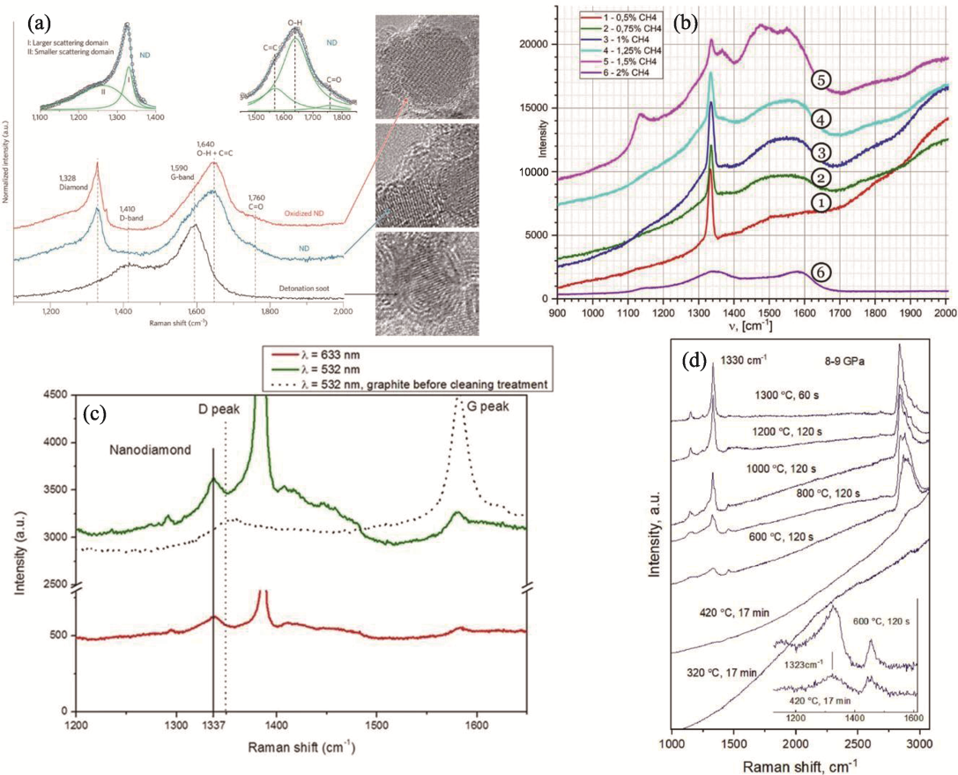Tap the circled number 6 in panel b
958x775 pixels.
[820, 274]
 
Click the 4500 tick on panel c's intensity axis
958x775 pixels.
[56, 396]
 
